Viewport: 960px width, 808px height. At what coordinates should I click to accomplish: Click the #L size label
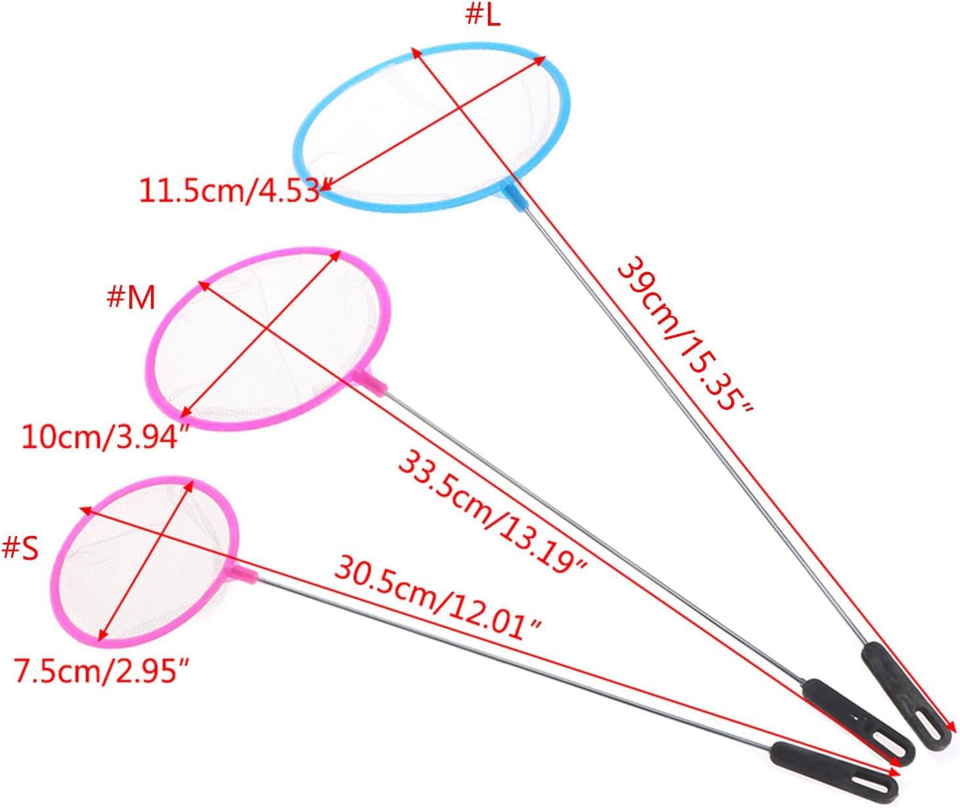tap(483, 16)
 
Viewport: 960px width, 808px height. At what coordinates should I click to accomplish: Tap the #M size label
tap(131, 298)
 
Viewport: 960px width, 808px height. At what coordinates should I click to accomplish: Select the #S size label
tap(20, 548)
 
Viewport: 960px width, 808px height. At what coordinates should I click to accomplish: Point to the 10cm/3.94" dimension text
tap(100, 436)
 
